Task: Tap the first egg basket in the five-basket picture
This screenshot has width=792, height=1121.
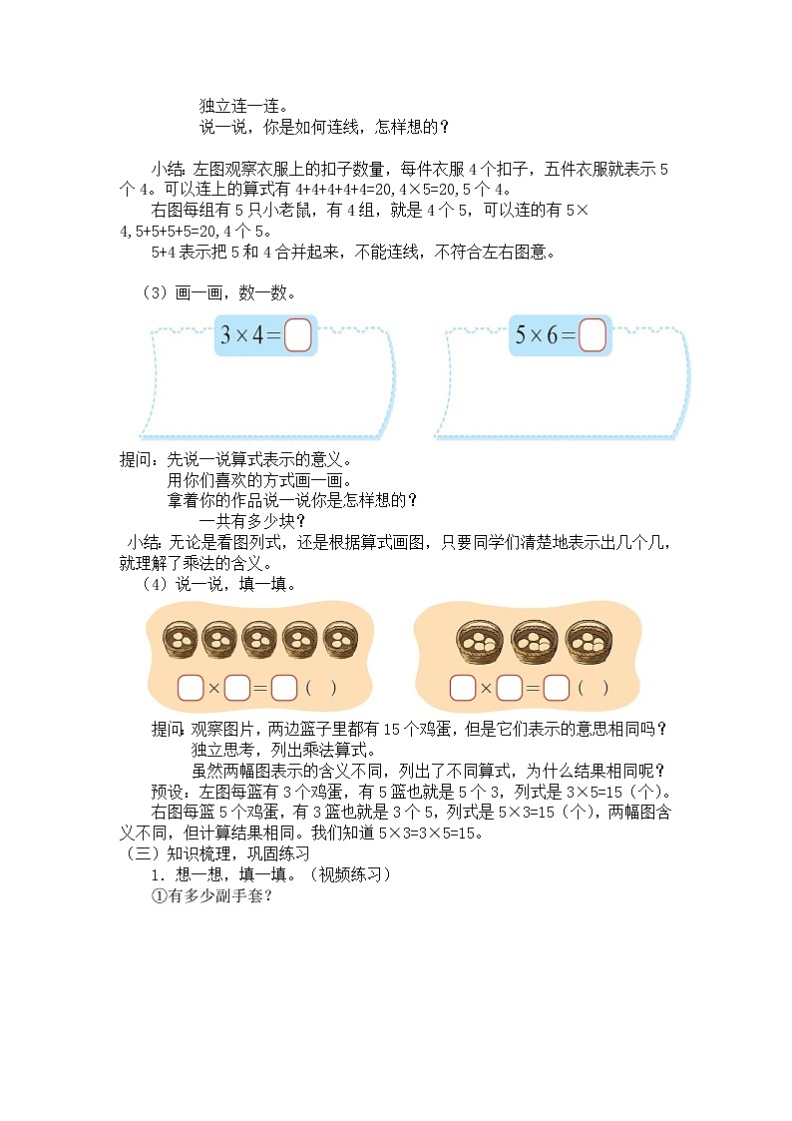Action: tap(181, 639)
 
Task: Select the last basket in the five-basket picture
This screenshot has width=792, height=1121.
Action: tap(336, 639)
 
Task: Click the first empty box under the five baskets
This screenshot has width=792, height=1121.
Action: tap(190, 688)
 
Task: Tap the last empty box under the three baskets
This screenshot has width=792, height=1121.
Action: tap(556, 688)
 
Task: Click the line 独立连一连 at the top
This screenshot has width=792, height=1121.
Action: tap(243, 105)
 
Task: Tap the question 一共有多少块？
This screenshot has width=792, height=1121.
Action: tap(252, 520)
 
